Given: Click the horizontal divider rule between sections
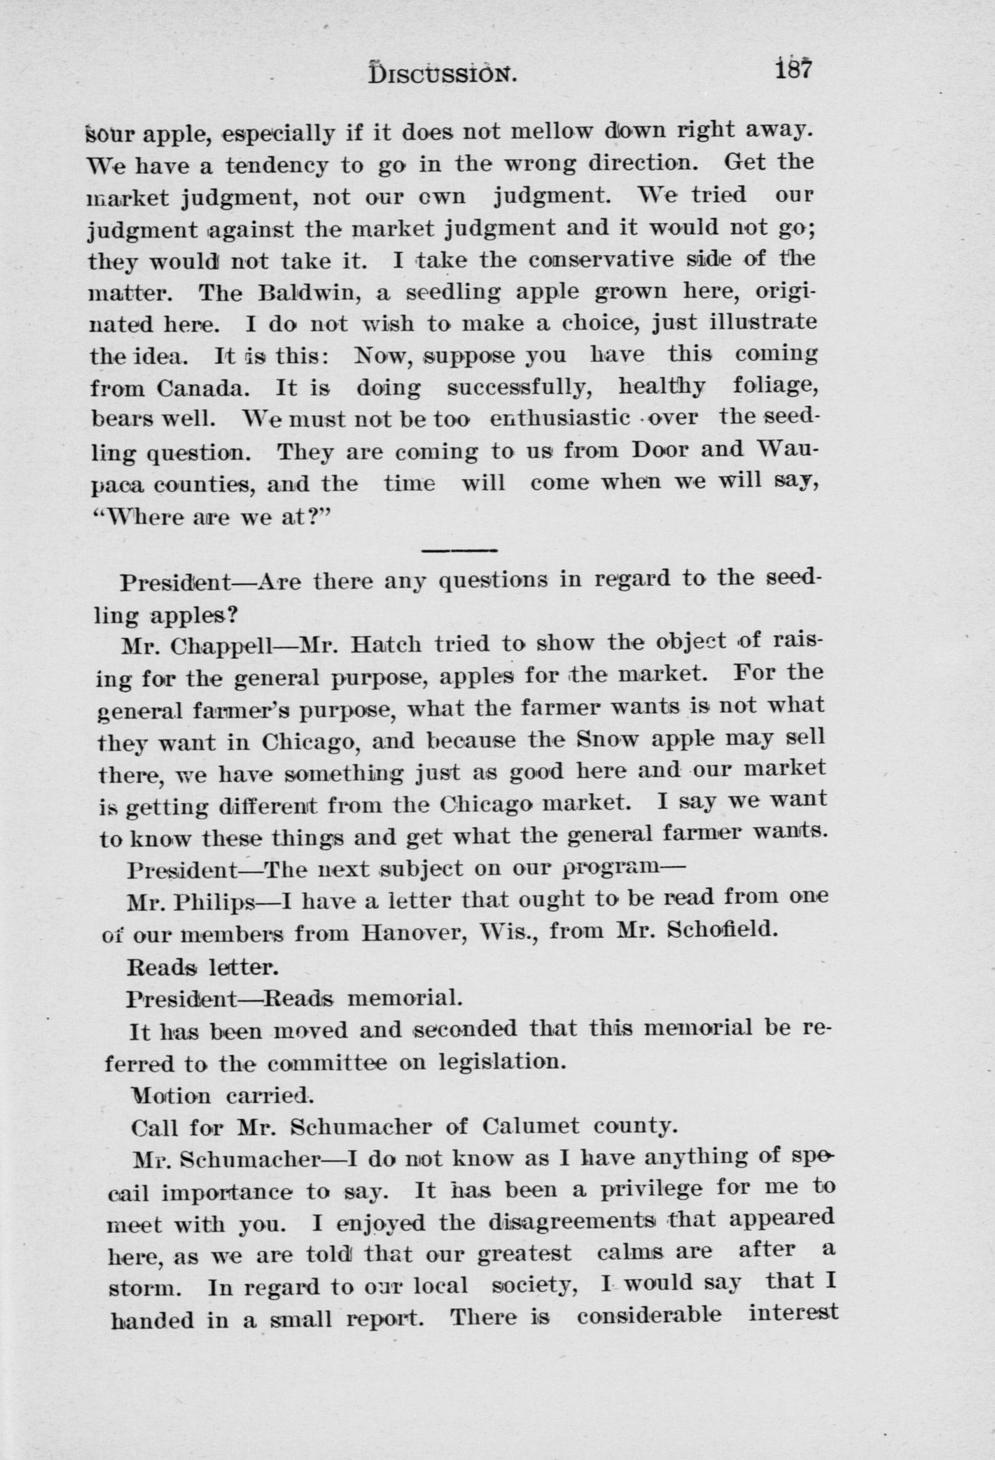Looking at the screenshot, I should [x=459, y=551].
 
